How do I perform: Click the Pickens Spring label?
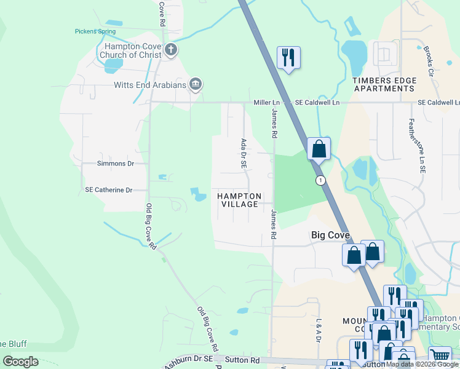[x=95, y=31]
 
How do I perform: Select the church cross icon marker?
[x=171, y=50]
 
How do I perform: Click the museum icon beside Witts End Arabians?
[x=196, y=84]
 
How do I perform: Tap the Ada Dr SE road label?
[x=244, y=154]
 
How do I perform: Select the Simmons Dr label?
[x=116, y=164]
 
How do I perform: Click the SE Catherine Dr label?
[x=109, y=190]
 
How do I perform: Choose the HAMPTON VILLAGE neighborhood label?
[x=240, y=200]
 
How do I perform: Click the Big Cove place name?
[x=330, y=235]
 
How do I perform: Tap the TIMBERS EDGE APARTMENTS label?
[x=384, y=84]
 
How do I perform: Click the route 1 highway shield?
[x=320, y=180]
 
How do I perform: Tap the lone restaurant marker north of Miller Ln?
[x=288, y=58]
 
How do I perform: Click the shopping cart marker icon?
[x=440, y=355]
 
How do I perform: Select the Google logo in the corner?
[x=21, y=362]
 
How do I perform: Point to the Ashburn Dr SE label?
[x=188, y=362]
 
